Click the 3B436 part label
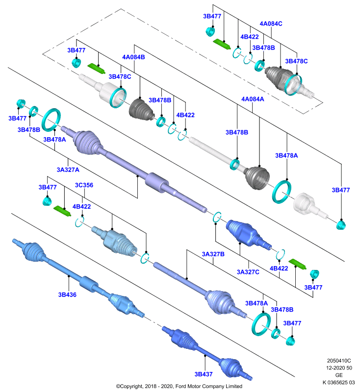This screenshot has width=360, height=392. pyautogui.click(x=67, y=294)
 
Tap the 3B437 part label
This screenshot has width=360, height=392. pyautogui.click(x=204, y=374)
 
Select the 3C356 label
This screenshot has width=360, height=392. pyautogui.click(x=84, y=185)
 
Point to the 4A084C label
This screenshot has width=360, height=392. pyautogui.click(x=271, y=24)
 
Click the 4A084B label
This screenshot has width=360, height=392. pyautogui.click(x=133, y=57)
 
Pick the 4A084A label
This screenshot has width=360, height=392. pyautogui.click(x=253, y=99)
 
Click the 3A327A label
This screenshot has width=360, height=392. pyautogui.click(x=68, y=170)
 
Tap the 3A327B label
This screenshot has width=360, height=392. pyautogui.click(x=213, y=254)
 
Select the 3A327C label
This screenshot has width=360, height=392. pyautogui.click(x=248, y=272)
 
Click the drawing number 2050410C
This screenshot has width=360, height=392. pyautogui.click(x=339, y=361)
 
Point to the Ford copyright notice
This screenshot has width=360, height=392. pyautogui.click(x=179, y=386)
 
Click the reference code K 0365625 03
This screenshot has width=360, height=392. pyautogui.click(x=339, y=382)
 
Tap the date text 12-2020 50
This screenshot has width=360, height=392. pyautogui.click(x=339, y=368)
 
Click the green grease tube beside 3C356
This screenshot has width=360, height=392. pyautogui.click(x=62, y=211)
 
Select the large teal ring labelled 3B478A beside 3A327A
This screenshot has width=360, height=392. pyautogui.click(x=51, y=120)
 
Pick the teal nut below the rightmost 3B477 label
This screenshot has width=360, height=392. pyautogui.click(x=341, y=225)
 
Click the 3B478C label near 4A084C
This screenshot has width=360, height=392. pyautogui.click(x=296, y=61)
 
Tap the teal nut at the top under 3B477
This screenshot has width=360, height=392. pyautogui.click(x=210, y=31)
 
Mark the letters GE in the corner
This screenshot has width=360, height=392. pyautogui.click(x=339, y=375)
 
